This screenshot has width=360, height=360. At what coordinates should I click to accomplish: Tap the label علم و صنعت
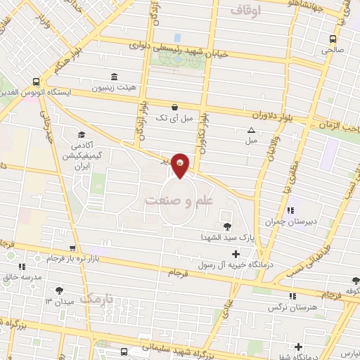pos(179,200)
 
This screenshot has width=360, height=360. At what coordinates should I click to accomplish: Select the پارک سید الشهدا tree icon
pos(226,226)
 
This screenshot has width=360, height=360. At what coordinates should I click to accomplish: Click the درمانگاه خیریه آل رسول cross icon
pos(236,254)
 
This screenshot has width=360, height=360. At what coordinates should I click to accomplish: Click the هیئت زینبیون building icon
pos(114,77)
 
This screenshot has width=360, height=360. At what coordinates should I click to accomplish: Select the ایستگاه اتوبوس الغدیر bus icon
pos(37,82)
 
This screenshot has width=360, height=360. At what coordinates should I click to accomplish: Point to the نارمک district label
pos(96,298)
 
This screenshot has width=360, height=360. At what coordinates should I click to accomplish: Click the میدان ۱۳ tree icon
pos(59,290)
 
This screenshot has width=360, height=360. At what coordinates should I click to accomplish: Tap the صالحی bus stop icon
pos(333,39)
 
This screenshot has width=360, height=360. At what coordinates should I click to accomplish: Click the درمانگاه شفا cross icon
pos(299,347)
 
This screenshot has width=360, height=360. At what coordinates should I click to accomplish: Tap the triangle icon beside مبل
pos(252,130)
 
